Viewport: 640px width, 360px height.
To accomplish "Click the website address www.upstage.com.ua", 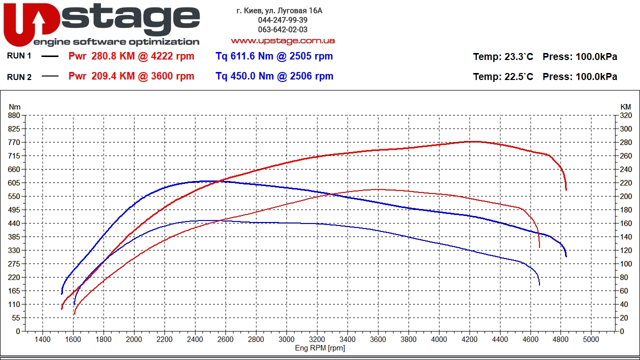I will click(x=282, y=40).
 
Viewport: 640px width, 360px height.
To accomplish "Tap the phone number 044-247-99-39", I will click(x=282, y=20).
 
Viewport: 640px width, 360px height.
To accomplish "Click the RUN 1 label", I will click(x=19, y=56).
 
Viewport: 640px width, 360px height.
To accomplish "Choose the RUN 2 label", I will click(x=19, y=77).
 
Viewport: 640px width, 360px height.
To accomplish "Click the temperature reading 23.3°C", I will click(x=518, y=57).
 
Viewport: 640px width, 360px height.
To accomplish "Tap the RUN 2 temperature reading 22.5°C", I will click(x=518, y=77).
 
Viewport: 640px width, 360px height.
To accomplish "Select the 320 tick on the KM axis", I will click(x=625, y=115).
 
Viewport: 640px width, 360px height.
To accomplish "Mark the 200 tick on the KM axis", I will click(x=625, y=196).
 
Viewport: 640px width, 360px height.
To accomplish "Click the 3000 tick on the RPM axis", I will click(x=286, y=339).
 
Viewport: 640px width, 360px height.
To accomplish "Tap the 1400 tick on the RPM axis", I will click(x=42, y=339).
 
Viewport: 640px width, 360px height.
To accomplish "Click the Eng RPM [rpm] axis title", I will click(x=319, y=348).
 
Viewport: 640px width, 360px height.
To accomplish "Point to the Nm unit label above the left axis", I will click(x=15, y=106).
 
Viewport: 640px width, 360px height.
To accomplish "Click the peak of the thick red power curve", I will click(x=472, y=141).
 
